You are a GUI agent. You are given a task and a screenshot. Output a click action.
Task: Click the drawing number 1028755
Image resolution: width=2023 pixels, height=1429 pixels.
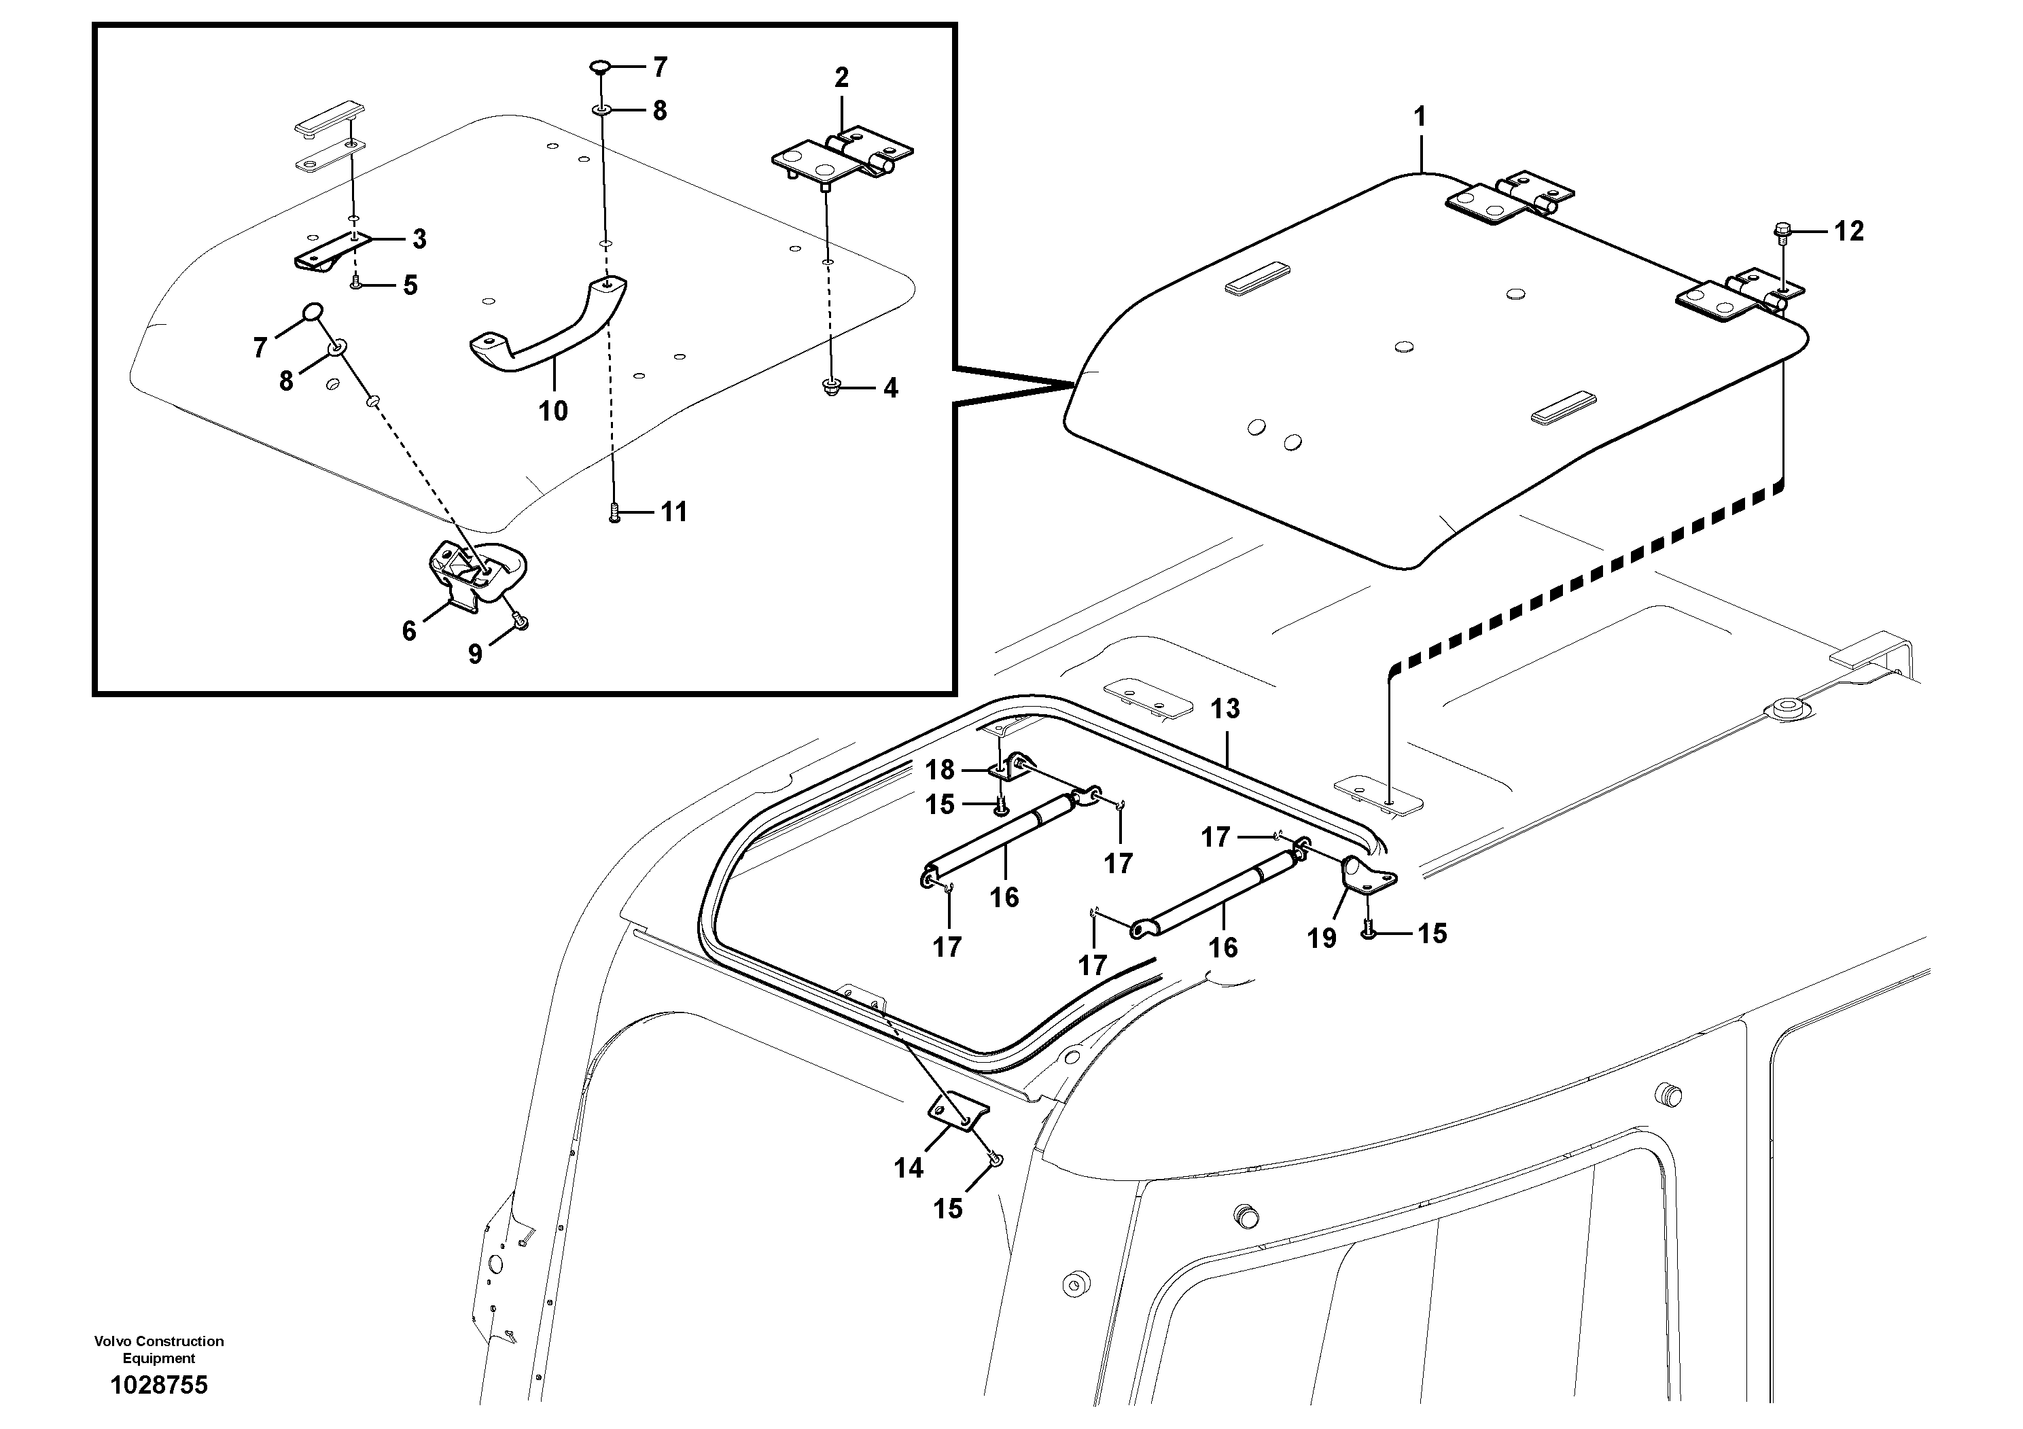point(158,1386)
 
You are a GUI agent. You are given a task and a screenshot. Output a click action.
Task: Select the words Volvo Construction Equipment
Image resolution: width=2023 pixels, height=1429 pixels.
point(158,1349)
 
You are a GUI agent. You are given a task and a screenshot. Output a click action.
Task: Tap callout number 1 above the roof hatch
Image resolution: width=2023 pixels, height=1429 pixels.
point(1419,116)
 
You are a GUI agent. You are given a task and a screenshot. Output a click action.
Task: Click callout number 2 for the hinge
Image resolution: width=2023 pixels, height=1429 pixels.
point(841,77)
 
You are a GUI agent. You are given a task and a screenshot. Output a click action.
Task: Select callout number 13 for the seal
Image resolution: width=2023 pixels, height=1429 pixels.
point(1225,708)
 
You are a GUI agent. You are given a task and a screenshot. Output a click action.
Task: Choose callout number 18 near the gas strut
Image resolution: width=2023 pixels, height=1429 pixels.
point(939,770)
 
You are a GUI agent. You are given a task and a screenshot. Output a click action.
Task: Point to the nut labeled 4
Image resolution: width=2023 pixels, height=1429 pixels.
point(829,386)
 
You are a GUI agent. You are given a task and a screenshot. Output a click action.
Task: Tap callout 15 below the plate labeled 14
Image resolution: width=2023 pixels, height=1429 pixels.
point(948,1209)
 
